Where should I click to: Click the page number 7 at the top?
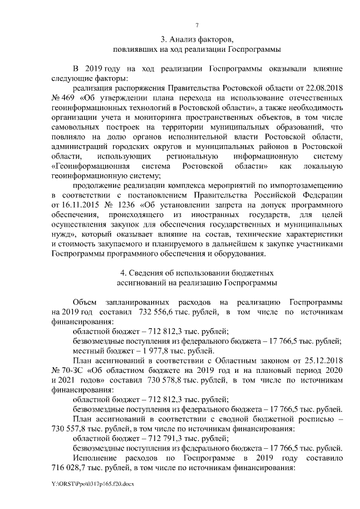196,25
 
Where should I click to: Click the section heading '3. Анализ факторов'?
196,40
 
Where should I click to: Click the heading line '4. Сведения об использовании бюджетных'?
196,273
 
